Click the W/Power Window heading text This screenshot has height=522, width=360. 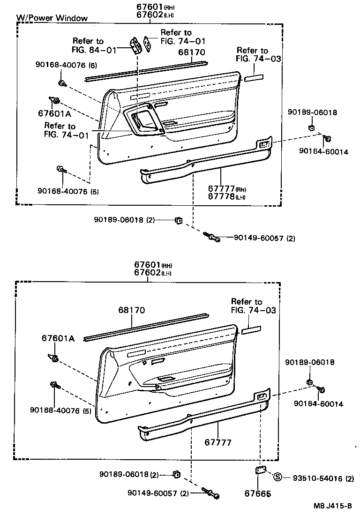pos(52,18)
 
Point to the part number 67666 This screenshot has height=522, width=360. pos(258,493)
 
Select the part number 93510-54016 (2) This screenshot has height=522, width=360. pos(323,478)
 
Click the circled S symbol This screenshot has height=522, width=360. pos(277,477)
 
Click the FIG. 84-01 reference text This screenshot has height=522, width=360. pos(94,50)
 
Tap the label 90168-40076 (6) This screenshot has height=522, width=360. pos(66,65)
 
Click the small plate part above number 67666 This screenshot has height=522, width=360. pos(261,470)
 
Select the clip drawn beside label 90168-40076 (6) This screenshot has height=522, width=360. pos(61,83)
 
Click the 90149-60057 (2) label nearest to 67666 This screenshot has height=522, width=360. pos(157,493)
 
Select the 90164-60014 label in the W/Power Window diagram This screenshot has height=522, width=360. pos(323,152)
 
